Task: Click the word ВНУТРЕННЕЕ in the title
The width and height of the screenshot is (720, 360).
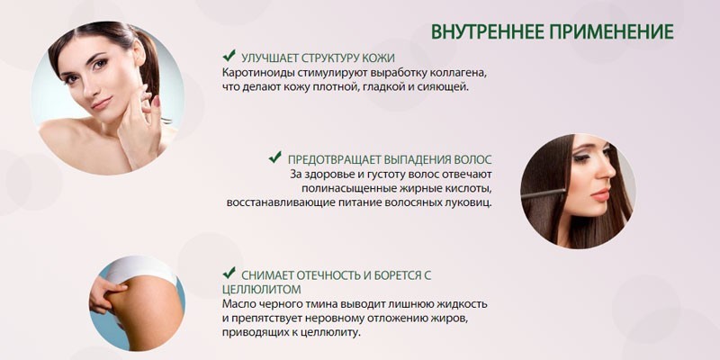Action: tap(487, 31)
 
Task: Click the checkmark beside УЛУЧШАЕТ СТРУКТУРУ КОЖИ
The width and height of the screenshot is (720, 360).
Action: tap(229, 56)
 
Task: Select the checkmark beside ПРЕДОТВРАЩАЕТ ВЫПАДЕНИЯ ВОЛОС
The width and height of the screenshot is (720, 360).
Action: tap(275, 157)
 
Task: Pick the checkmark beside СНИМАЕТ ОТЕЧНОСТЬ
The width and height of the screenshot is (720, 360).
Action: tap(229, 273)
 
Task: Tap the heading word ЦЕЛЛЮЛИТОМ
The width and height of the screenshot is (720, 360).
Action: tap(262, 290)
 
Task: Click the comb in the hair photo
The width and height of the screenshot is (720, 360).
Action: tap(544, 193)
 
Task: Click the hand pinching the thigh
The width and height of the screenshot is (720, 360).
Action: tap(105, 293)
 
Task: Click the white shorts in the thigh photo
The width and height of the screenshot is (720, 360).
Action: tap(138, 269)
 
